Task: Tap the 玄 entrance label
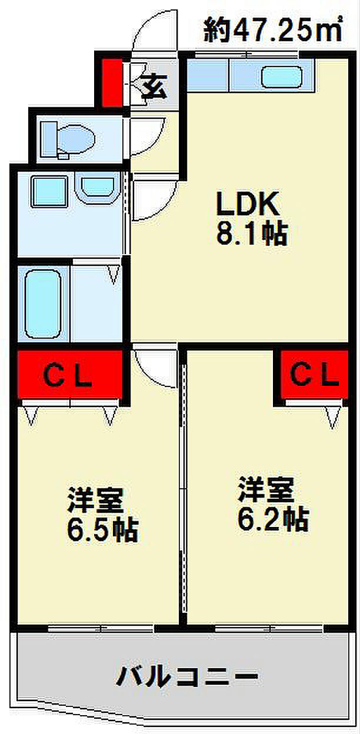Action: [x=155, y=86]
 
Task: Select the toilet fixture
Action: [x=68, y=140]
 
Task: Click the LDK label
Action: [x=248, y=203]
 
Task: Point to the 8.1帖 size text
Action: [x=252, y=233]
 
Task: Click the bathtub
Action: [x=43, y=304]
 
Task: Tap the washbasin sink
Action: [x=98, y=189]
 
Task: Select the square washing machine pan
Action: [x=49, y=191]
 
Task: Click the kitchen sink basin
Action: [x=281, y=77]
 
